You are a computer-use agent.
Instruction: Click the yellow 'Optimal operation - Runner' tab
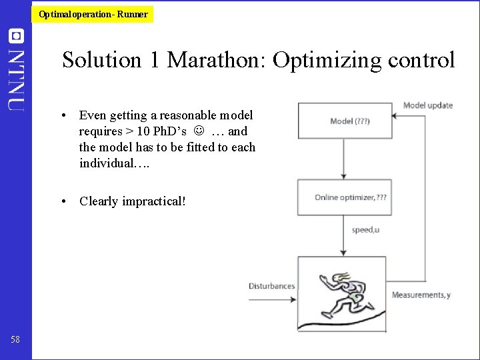(93, 14)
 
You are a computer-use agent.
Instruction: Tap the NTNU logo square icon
(15, 36)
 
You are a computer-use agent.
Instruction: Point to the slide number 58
(15, 340)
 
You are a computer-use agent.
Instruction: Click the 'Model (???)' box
(343, 121)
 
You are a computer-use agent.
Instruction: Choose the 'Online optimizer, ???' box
(343, 197)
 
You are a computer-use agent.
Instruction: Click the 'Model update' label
(427, 105)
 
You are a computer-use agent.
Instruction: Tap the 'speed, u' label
(366, 230)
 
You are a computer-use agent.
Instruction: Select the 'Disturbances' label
(271, 286)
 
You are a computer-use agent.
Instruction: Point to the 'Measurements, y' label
(421, 295)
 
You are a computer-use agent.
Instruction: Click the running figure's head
(342, 279)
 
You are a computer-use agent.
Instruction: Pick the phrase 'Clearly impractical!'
(132, 201)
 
